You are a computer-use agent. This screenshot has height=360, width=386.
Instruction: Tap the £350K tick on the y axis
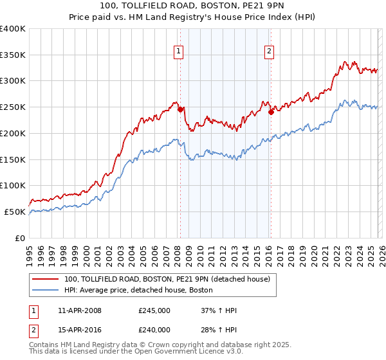click(13, 55)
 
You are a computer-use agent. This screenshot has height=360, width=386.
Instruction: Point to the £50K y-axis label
click(15, 212)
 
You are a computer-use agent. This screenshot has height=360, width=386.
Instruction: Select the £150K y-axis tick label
click(13, 159)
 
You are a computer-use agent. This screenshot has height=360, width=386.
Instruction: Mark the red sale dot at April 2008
click(180, 109)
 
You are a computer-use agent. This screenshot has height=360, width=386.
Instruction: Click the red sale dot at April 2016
click(271, 112)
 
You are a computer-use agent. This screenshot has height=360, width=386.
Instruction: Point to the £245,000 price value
click(154, 310)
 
